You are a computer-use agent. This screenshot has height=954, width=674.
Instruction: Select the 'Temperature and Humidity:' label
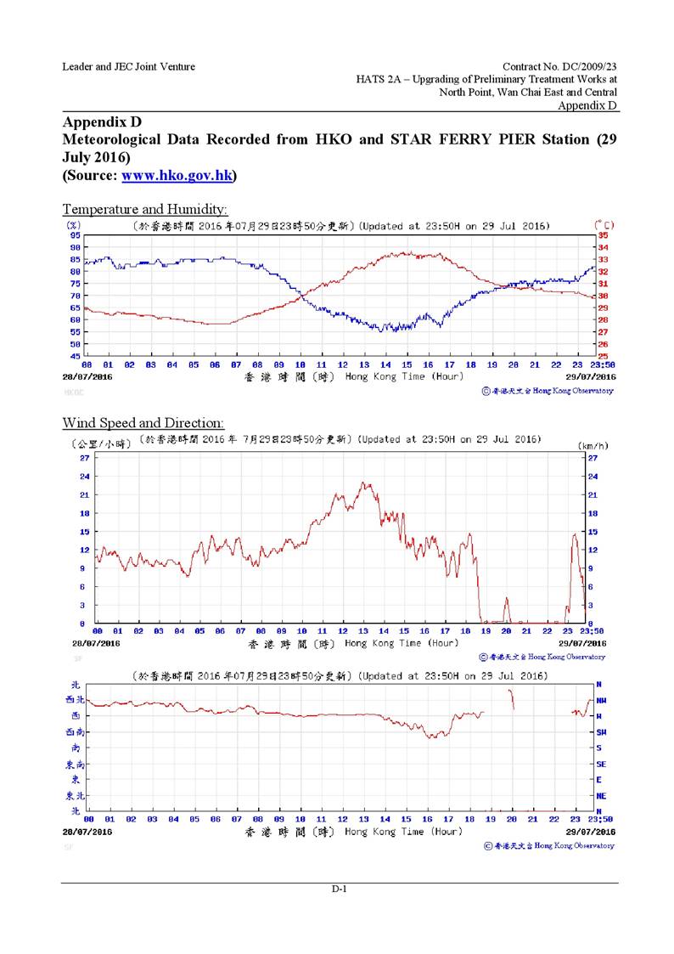(x=145, y=208)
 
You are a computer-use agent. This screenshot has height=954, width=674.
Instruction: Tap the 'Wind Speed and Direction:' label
(x=143, y=422)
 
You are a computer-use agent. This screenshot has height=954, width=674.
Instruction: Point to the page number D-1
(x=339, y=889)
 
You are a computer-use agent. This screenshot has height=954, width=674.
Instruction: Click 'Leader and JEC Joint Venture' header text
(x=128, y=66)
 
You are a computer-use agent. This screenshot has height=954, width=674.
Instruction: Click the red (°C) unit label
(x=603, y=225)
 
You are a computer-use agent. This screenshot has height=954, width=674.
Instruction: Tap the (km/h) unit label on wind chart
(x=591, y=444)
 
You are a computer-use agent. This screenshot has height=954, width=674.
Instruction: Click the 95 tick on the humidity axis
(x=75, y=235)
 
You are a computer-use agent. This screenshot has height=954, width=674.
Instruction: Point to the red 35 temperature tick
(x=604, y=235)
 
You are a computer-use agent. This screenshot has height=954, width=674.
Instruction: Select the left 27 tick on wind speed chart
(x=84, y=458)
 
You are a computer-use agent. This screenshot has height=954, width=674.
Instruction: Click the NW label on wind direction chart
(x=601, y=700)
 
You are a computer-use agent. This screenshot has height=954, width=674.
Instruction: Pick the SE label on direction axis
(x=601, y=764)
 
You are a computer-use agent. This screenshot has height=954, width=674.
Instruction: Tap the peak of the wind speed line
(x=365, y=483)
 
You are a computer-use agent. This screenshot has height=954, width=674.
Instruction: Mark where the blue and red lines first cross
(x=299, y=294)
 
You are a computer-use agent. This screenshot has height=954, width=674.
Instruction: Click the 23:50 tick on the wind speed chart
(x=592, y=632)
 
